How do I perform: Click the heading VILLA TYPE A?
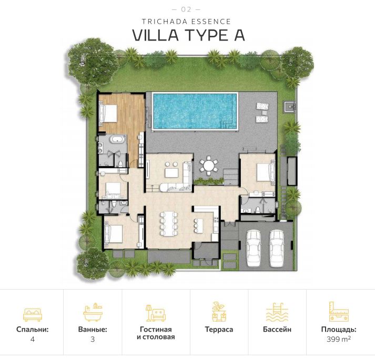188,35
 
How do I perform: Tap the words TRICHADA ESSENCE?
187,22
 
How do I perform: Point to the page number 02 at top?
187,9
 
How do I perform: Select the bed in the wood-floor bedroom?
108,112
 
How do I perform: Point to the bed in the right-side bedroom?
263,172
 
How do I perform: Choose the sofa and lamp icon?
156,312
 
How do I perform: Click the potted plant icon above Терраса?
219,312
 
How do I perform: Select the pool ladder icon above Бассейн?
277,312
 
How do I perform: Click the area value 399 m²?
339,339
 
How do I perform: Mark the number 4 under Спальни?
32,339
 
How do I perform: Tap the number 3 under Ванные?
93,339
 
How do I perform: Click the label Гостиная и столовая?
156,333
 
